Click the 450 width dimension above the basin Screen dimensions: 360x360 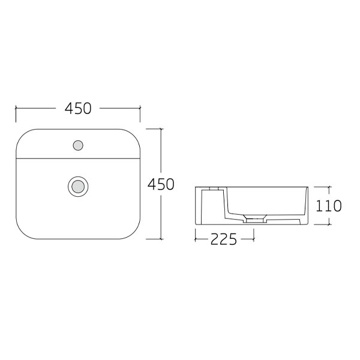pyautogui.click(x=78, y=109)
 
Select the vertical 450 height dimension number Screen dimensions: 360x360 pyautogui.click(x=161, y=184)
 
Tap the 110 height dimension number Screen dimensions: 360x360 pyautogui.click(x=328, y=206)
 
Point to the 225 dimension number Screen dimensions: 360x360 pyautogui.click(x=224, y=239)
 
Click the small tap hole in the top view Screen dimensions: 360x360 pyautogui.click(x=77, y=145)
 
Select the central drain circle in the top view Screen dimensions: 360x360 pyautogui.click(x=77, y=185)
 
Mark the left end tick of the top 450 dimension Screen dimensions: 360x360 pyautogui.click(x=16, y=109)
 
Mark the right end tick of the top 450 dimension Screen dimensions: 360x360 pyautogui.click(x=140, y=109)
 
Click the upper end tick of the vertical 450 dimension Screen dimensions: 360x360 pyautogui.click(x=161, y=128)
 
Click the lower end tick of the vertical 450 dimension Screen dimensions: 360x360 pyautogui.click(x=161, y=238)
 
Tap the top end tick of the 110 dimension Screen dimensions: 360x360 pyautogui.click(x=329, y=187)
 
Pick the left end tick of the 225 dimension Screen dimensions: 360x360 pyautogui.click(x=196, y=239)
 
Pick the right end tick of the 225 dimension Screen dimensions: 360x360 pyautogui.click(x=253, y=239)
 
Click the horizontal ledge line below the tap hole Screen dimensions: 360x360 pyautogui.click(x=78, y=159)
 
